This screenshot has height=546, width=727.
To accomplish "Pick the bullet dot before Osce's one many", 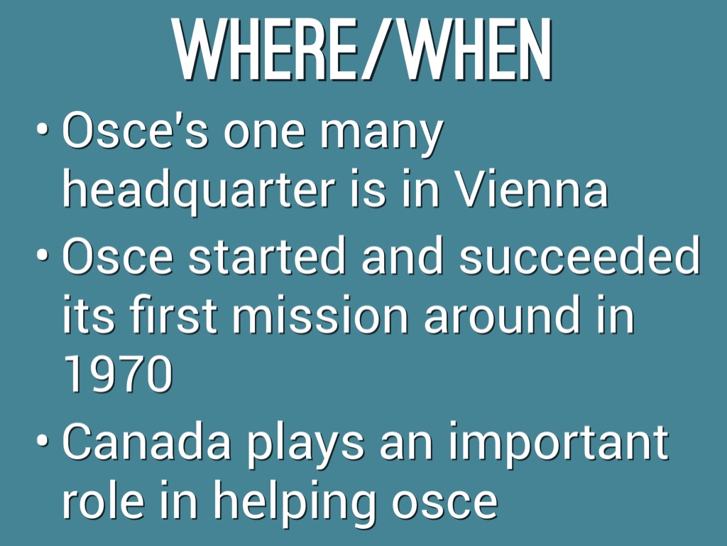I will point(44,130).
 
